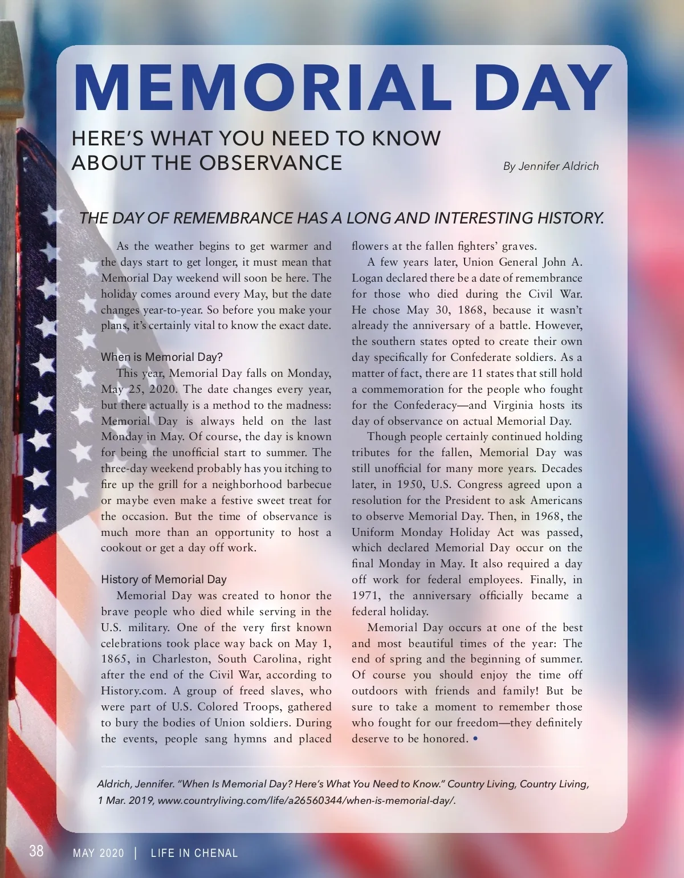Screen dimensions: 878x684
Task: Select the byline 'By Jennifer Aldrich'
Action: (551, 166)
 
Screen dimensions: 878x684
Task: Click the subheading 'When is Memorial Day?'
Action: (161, 357)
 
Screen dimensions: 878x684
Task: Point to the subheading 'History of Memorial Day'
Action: (164, 579)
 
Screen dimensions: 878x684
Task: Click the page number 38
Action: (36, 851)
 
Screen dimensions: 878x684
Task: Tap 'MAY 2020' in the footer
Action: (98, 853)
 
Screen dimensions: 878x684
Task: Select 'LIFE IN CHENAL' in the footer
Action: (194, 853)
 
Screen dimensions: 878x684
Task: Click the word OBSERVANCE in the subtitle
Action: (270, 162)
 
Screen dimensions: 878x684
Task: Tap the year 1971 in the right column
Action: (366, 596)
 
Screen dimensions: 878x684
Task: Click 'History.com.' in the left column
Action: (134, 691)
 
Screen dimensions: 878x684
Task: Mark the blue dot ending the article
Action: (475, 739)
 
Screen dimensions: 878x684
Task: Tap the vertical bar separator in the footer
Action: (136, 853)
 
